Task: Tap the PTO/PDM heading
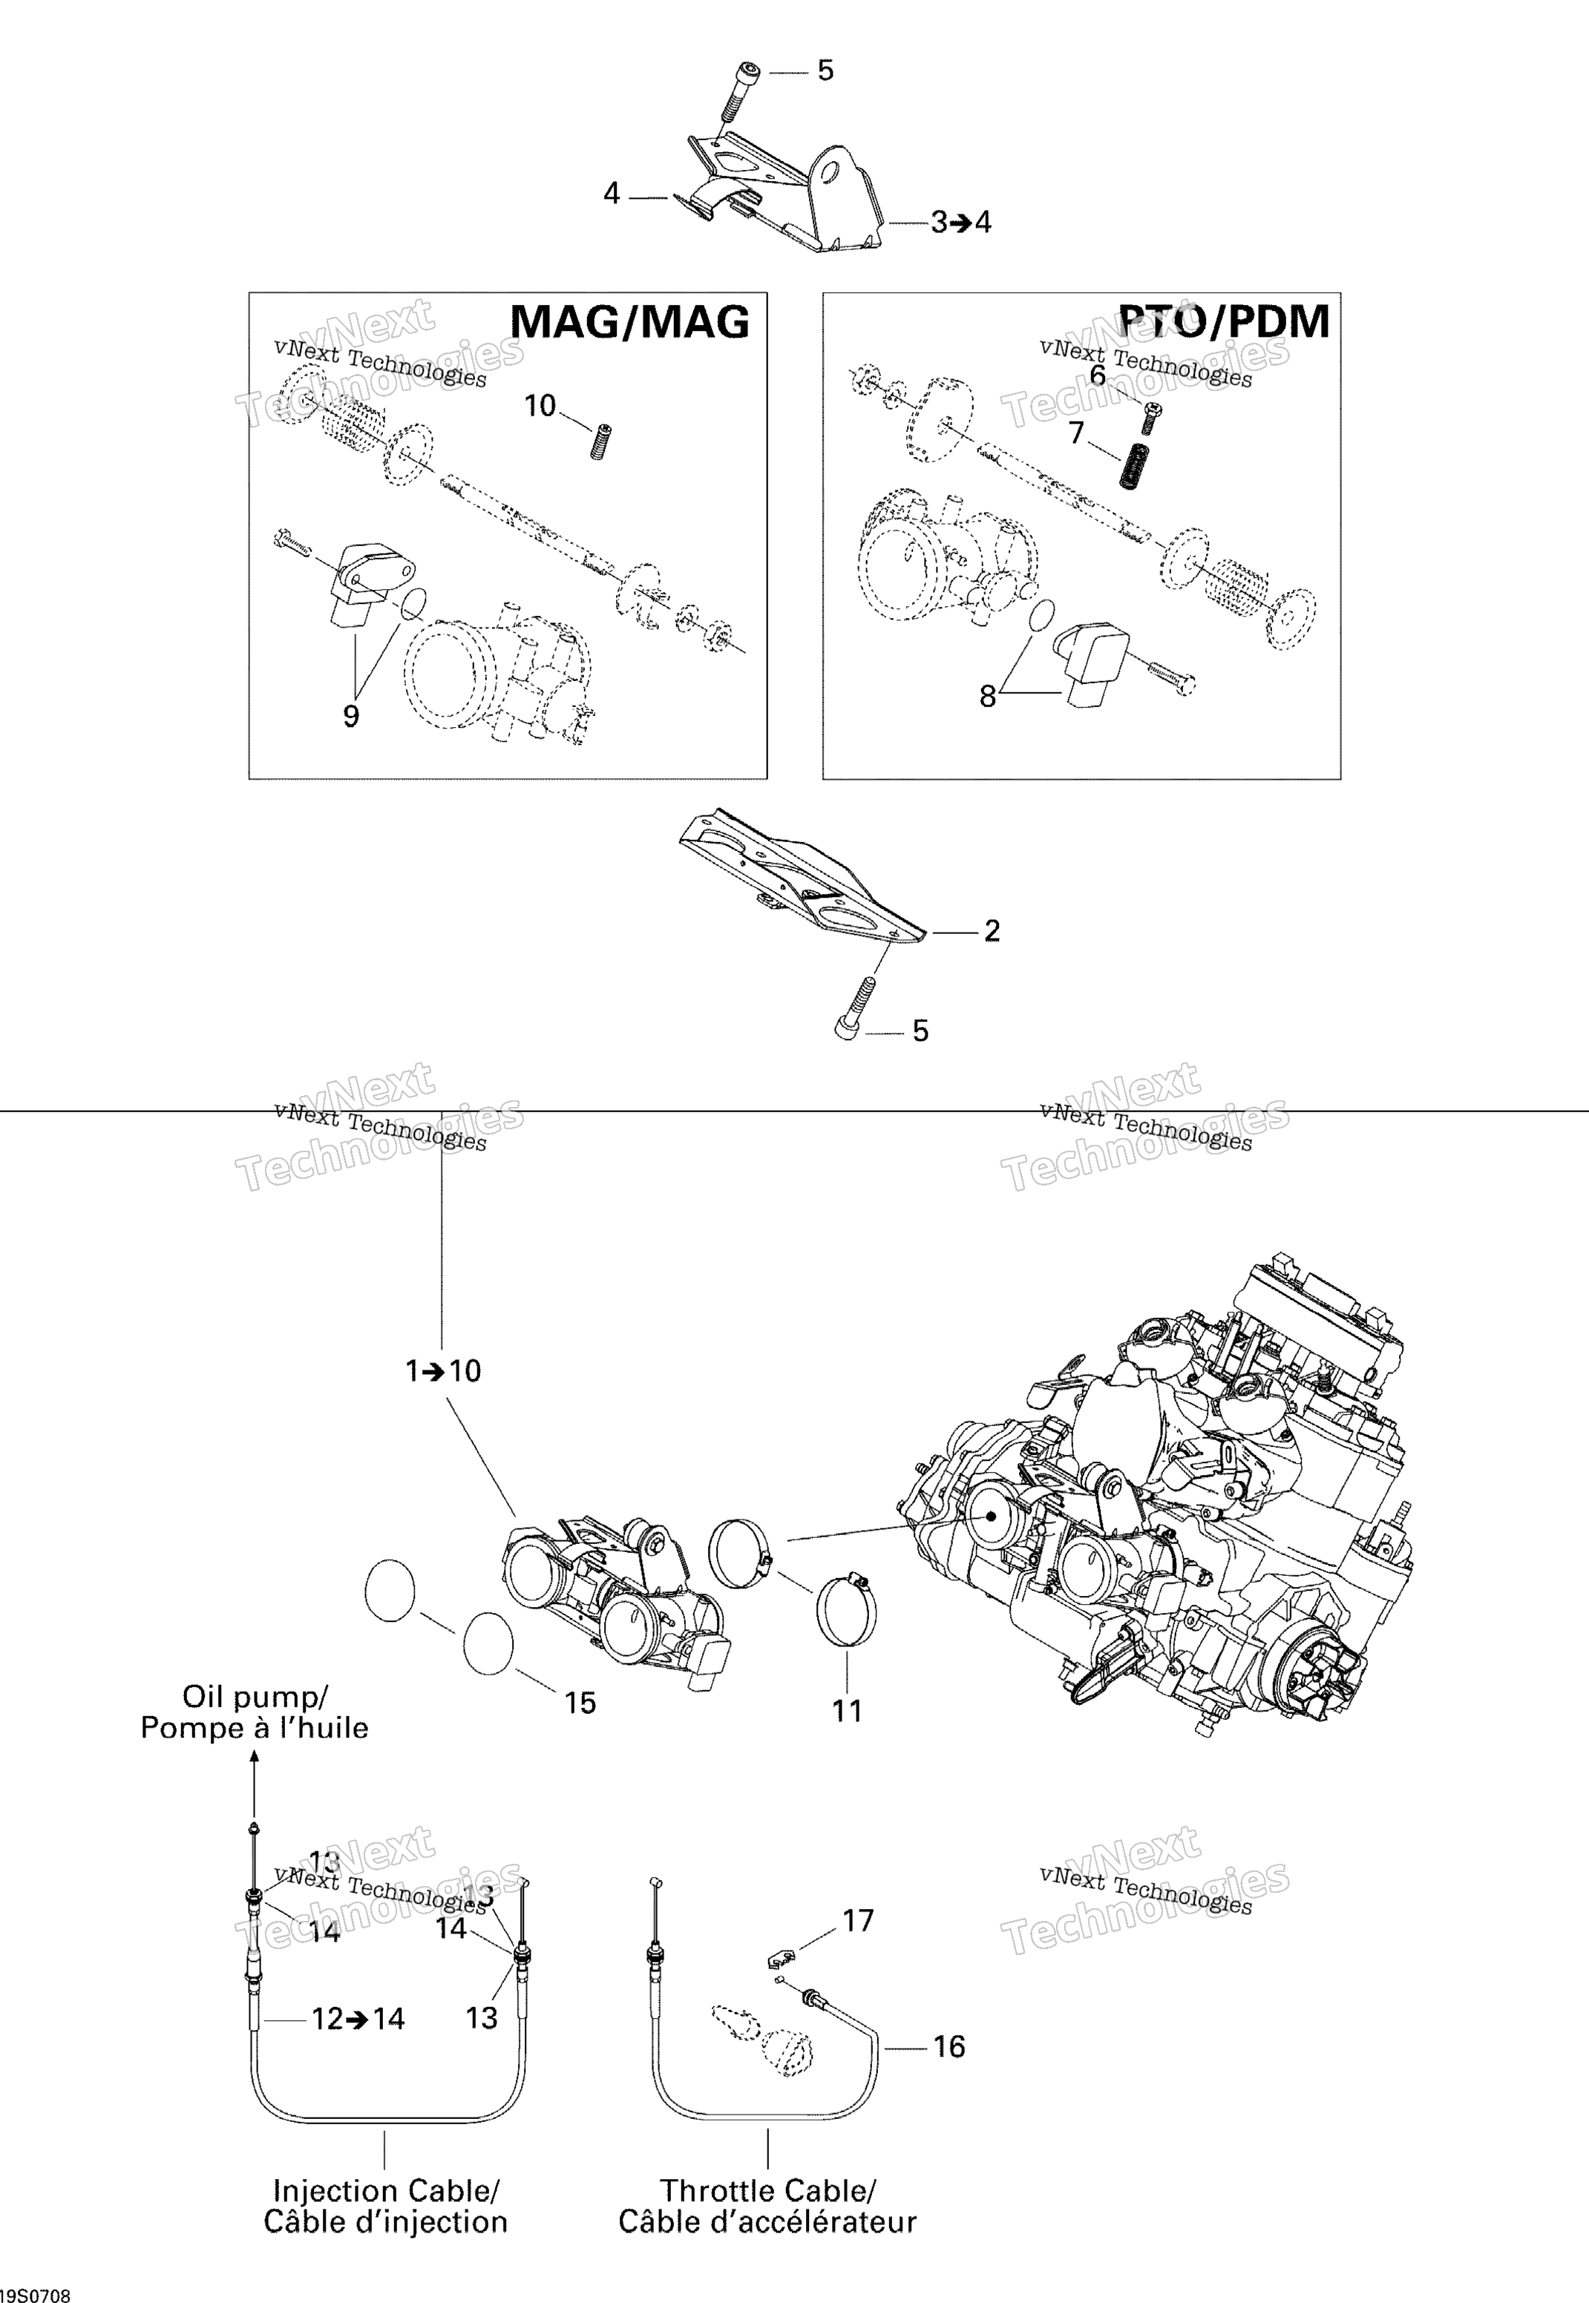tap(1225, 321)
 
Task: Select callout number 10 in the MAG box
tap(540, 406)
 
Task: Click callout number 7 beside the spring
tap(1076, 433)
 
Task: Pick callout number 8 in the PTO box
tap(988, 697)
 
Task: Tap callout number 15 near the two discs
tap(580, 1703)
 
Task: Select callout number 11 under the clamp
tap(848, 1711)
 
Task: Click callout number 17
tap(858, 1920)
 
